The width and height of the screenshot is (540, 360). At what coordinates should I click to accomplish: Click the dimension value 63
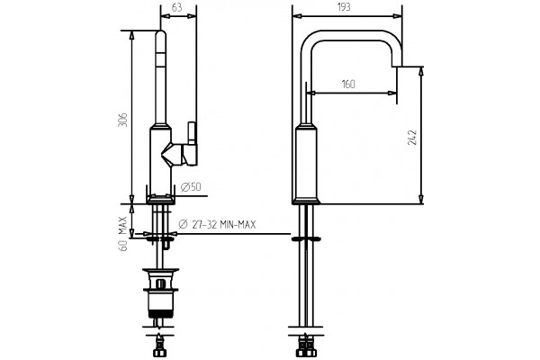(176, 7)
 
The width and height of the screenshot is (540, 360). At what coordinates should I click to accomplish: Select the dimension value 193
(344, 7)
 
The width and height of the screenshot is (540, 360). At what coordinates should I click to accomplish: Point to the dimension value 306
(123, 120)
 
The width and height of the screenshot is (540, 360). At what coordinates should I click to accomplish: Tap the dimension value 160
(348, 84)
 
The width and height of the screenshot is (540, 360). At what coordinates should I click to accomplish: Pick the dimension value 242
(412, 138)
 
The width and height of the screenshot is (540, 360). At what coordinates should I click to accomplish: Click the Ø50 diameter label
(191, 187)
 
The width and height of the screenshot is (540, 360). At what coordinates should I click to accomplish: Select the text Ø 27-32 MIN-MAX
(217, 225)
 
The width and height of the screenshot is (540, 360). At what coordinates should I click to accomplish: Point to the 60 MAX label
(123, 234)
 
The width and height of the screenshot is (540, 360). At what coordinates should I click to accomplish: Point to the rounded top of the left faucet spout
(160, 35)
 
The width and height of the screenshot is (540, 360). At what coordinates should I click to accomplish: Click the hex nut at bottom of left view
(159, 353)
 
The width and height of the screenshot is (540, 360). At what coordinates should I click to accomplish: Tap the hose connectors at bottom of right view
(305, 347)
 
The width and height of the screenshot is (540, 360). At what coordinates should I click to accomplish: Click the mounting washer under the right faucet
(306, 238)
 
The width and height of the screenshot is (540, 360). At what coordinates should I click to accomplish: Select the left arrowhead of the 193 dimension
(297, 16)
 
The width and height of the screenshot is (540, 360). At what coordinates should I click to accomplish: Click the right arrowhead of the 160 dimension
(392, 93)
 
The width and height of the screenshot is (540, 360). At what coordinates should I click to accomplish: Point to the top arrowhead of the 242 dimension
(420, 72)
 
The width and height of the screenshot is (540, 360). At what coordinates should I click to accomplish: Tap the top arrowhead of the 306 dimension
(132, 35)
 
